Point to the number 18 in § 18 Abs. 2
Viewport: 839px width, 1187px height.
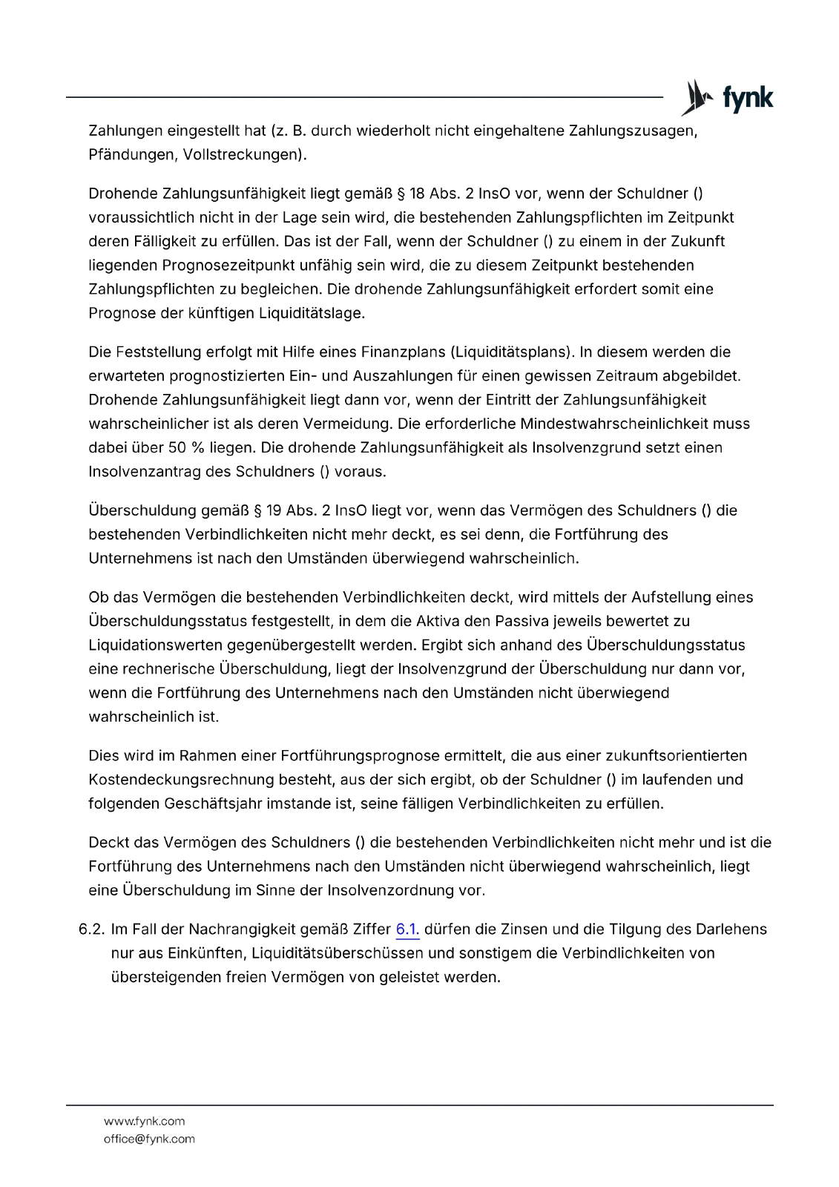417,194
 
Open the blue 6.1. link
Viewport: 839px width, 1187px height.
407,930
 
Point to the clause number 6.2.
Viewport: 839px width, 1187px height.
92,930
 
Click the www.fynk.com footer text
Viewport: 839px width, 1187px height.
145,1122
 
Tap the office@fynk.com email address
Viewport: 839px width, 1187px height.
149,1140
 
